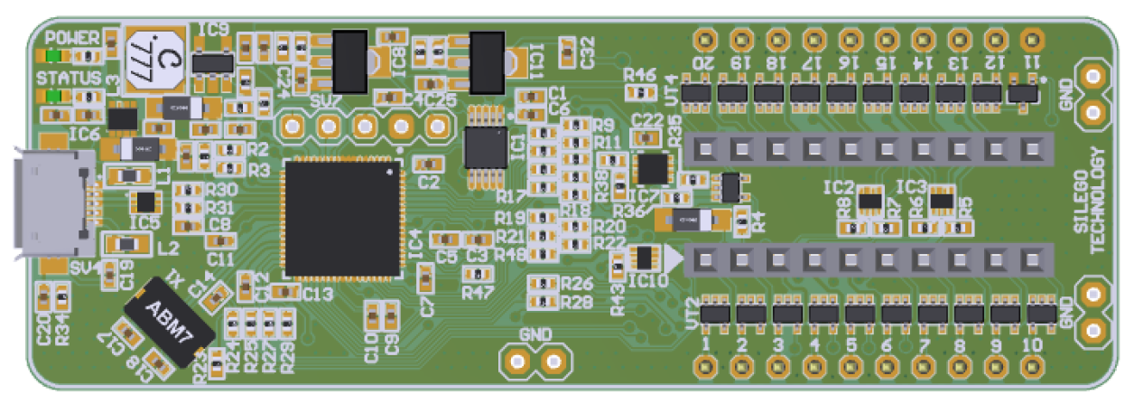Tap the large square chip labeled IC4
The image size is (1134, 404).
pyautogui.click(x=342, y=218)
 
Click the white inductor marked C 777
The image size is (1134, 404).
pyautogui.click(x=154, y=59)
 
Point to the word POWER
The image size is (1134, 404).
pyautogui.click(x=72, y=38)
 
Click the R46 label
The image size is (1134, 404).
pyautogui.click(x=639, y=74)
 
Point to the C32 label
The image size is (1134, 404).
pyautogui.click(x=588, y=52)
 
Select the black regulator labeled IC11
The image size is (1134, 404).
pyautogui.click(x=488, y=61)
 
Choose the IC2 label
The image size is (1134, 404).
pyautogui.click(x=839, y=187)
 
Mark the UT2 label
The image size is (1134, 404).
pyautogui.click(x=692, y=311)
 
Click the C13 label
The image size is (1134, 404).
pyautogui.click(x=318, y=293)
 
